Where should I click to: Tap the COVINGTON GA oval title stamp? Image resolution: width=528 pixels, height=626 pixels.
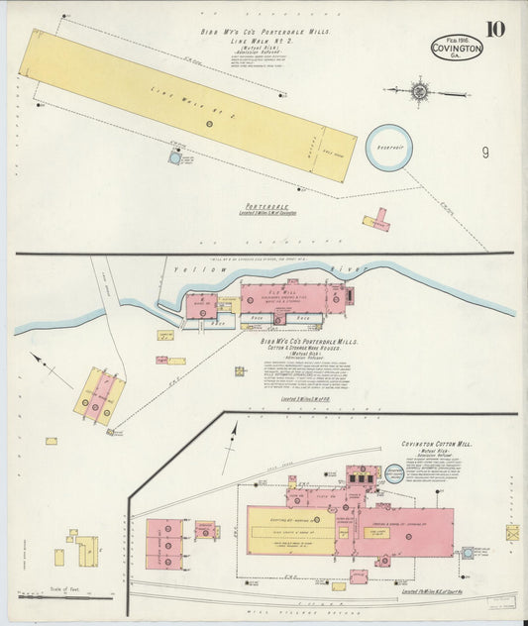[457, 48]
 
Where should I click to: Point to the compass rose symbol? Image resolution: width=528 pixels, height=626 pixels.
[420, 92]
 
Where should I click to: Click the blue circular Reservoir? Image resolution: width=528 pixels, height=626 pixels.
[388, 147]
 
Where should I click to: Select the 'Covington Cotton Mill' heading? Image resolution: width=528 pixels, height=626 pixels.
[436, 444]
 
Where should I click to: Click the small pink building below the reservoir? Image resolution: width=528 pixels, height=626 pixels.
[376, 220]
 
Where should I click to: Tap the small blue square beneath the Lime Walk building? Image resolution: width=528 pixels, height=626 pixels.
[175, 156]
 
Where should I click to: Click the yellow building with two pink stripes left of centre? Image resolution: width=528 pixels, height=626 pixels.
[100, 396]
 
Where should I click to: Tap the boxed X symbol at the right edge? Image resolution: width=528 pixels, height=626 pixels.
[512, 533]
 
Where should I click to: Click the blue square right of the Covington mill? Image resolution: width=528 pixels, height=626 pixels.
[467, 553]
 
